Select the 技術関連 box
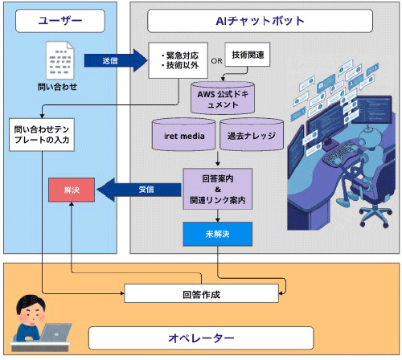pos(249,54)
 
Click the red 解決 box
pos(72,191)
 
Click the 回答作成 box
pos(196,293)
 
